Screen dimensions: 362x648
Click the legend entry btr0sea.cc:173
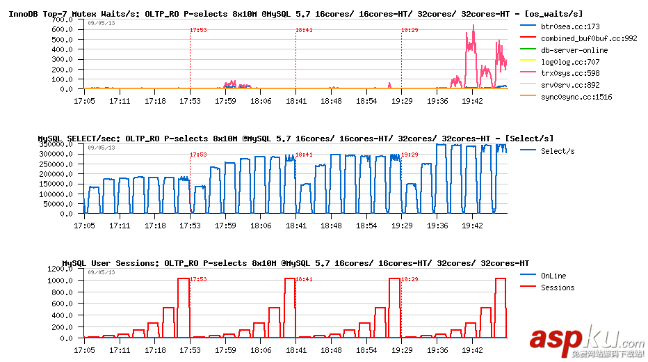point(565,27)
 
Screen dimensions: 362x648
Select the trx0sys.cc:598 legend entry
point(565,73)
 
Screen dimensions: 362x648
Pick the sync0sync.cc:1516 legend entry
point(576,97)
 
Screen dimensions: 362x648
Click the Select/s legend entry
point(558,151)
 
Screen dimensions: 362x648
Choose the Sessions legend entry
point(558,288)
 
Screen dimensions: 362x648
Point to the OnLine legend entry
point(553,276)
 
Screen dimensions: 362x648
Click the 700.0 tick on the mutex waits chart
point(63,20)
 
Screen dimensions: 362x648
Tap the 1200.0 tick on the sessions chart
point(60,269)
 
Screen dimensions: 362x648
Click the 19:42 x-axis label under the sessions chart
point(472,350)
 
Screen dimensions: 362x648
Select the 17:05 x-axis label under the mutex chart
point(84,101)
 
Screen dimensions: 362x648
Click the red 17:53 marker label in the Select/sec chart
point(198,155)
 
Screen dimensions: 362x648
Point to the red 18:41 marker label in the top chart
point(304,30)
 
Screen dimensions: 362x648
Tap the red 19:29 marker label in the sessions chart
point(410,278)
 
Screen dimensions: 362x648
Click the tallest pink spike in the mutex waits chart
point(473,26)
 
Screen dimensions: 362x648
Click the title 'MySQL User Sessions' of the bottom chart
point(111,263)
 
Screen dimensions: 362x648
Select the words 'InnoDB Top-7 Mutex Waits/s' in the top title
point(70,13)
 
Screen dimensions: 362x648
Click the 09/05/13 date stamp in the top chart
point(102,23)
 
